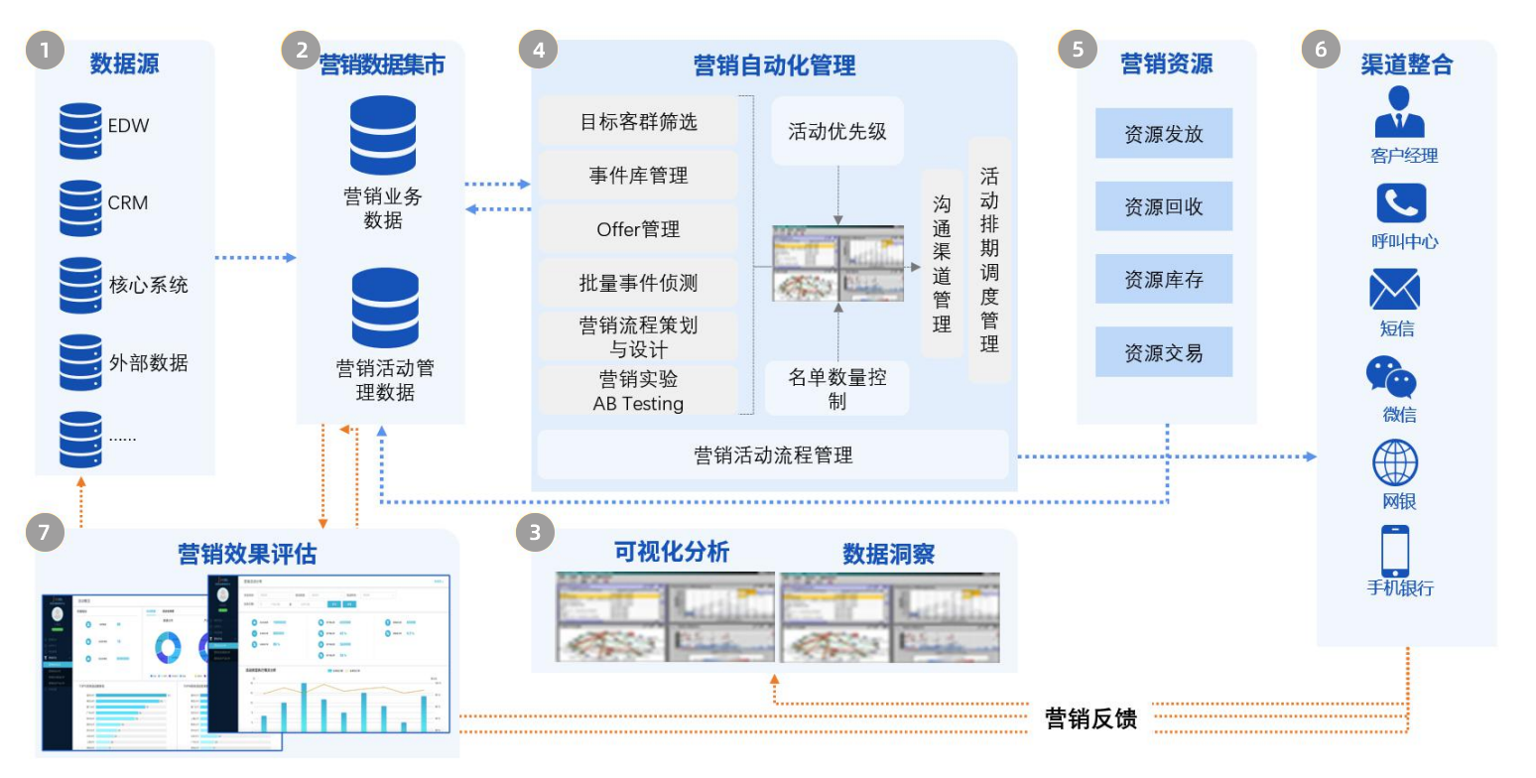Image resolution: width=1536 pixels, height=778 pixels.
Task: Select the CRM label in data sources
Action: tap(128, 203)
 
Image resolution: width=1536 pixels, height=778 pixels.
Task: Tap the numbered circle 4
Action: tap(539, 50)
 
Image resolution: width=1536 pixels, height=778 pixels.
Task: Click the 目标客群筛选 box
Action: tap(638, 122)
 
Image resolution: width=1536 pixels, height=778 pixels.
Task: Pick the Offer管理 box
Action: tap(638, 229)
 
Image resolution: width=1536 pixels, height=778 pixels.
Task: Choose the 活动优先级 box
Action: tap(836, 131)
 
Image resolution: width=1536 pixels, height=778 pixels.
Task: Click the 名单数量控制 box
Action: tap(836, 388)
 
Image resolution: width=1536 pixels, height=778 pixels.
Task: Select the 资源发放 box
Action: tap(1163, 134)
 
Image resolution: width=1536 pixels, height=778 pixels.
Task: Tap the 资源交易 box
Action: tap(1163, 352)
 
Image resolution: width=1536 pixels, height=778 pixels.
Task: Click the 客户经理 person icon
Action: tap(1399, 111)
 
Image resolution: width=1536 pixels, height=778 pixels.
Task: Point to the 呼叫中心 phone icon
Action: tap(1401, 203)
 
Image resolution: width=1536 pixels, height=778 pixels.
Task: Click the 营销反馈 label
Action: tap(1090, 718)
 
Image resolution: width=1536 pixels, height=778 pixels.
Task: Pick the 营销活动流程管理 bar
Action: tap(773, 455)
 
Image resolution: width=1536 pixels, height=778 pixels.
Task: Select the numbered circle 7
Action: tap(44, 533)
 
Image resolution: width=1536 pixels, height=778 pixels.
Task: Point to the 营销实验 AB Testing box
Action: tap(638, 391)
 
